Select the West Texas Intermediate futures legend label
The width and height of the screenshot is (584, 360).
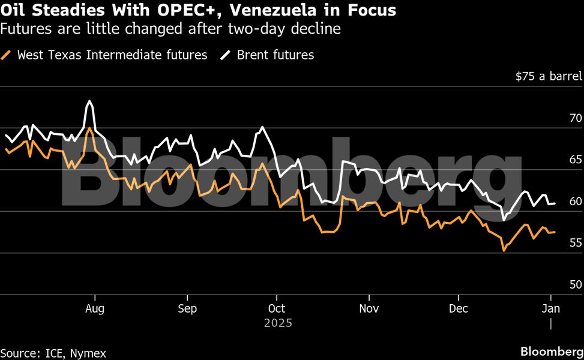(112, 55)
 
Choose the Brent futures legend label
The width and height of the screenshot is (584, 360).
(275, 55)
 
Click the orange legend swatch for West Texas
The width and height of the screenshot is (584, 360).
(7, 55)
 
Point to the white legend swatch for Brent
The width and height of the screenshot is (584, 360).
(226, 55)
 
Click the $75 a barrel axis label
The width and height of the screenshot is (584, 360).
(549, 76)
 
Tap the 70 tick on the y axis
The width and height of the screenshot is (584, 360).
(576, 118)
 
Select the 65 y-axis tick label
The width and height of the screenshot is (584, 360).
(576, 160)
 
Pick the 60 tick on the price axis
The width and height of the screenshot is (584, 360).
(576, 201)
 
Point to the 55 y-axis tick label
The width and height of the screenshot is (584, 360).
(576, 243)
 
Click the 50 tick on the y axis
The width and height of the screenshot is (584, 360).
(576, 284)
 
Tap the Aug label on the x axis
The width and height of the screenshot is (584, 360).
(95, 309)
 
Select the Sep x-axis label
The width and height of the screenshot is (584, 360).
(187, 309)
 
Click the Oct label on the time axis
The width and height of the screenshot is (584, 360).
(277, 309)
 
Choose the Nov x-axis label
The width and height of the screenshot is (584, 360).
(369, 309)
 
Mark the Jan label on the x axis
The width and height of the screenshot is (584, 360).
(551, 309)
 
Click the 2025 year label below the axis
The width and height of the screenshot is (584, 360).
(278, 323)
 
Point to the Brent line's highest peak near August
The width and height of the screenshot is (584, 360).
(89, 101)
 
